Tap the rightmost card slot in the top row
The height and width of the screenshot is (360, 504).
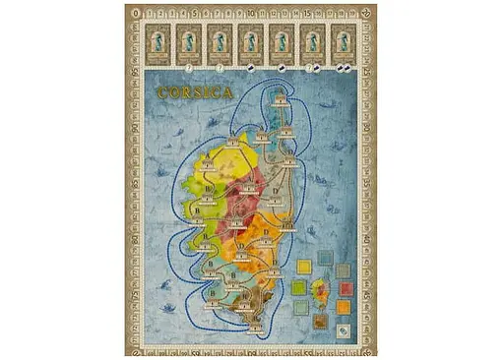[344, 42]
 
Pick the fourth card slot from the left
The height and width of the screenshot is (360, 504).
[250, 42]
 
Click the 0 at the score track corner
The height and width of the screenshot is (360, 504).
[136, 13]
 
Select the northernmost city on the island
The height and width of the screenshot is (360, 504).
[282, 101]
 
